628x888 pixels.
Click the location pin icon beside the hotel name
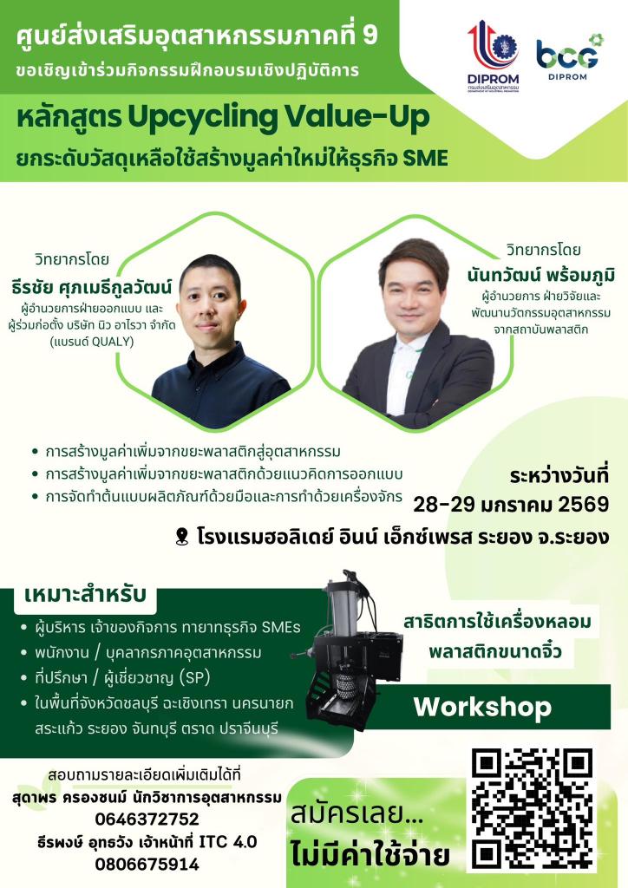click(181, 537)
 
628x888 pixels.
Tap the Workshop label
click(481, 707)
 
